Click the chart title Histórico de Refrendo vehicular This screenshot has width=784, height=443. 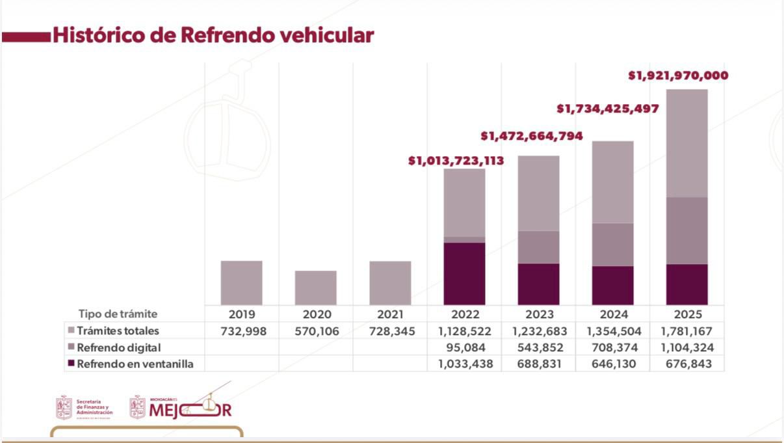tap(213, 35)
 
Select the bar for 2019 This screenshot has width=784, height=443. tap(241, 283)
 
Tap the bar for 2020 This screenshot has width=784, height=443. tap(315, 288)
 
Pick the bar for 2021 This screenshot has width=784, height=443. tap(390, 283)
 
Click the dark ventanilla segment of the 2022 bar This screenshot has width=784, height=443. tap(464, 273)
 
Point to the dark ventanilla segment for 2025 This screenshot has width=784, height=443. tap(686, 284)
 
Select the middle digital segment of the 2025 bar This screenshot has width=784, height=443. tap(686, 230)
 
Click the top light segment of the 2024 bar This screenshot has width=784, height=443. tap(612, 182)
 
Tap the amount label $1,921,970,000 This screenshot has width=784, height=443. tap(678, 75)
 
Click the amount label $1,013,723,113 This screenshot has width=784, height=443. tap(456, 161)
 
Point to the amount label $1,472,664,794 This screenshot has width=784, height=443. tap(531, 136)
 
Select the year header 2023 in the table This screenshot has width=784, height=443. tap(538, 314)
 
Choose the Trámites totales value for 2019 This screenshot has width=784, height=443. tap(241, 331)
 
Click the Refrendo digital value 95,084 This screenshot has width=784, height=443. tap(464, 347)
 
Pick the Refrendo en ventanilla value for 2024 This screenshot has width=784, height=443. tap(612, 364)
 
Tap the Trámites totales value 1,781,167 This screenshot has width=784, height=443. tap(686, 331)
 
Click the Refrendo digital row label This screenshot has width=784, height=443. tap(118, 347)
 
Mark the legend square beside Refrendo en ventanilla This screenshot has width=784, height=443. tap(71, 364)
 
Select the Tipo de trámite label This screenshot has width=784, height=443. tap(118, 314)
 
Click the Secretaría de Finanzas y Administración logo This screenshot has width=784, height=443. tap(84, 408)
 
